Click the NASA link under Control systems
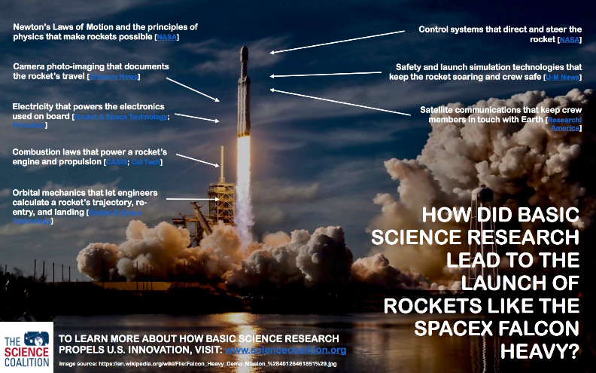click(x=570, y=39)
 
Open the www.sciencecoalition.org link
click(x=286, y=350)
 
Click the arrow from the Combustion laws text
click(x=199, y=159)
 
